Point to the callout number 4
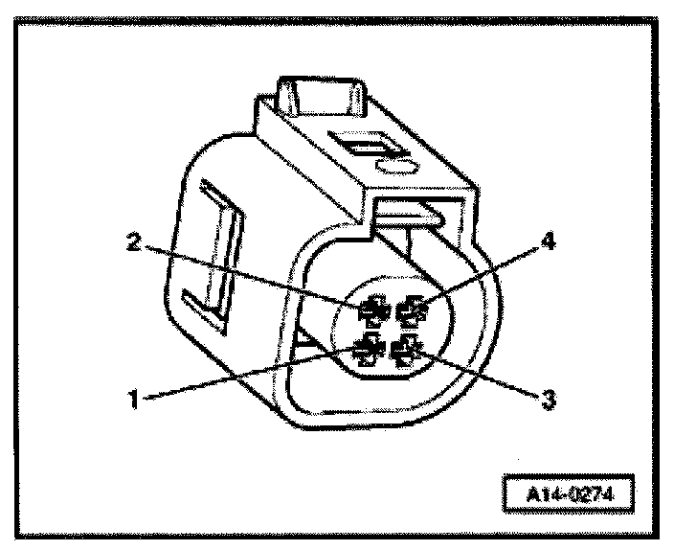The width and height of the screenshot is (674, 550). coord(548,243)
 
